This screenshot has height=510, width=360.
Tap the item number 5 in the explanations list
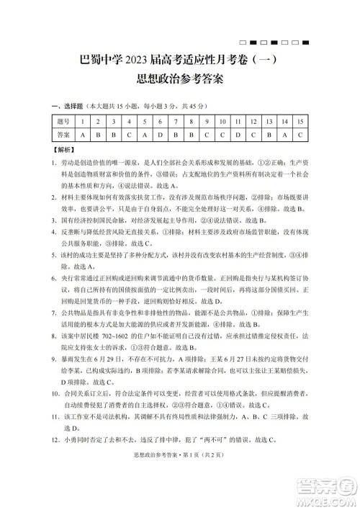click(x=55, y=256)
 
